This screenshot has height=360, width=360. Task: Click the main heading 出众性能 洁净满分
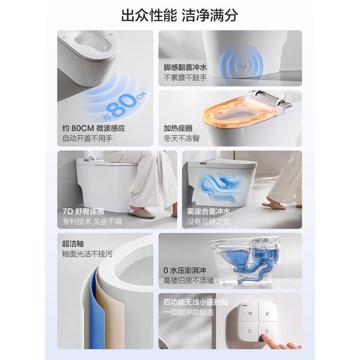(179, 15)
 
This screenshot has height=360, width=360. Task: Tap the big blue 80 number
(123, 106)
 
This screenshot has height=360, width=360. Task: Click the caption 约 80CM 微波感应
(94, 128)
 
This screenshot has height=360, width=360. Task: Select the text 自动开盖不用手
(88, 138)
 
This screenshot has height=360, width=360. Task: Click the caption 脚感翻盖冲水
(185, 67)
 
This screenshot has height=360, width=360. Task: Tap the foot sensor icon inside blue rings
(244, 66)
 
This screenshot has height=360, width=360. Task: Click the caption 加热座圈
(178, 128)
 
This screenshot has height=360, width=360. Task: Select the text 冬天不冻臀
(181, 138)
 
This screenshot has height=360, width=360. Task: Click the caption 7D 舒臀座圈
(83, 211)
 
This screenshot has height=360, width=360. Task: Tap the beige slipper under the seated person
(142, 213)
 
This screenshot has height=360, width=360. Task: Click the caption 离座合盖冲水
(208, 211)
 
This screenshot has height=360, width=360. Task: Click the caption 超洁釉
(73, 244)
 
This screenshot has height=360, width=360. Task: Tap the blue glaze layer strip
(94, 308)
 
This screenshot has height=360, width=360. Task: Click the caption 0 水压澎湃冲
(184, 270)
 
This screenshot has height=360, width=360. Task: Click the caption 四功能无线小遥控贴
(196, 302)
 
